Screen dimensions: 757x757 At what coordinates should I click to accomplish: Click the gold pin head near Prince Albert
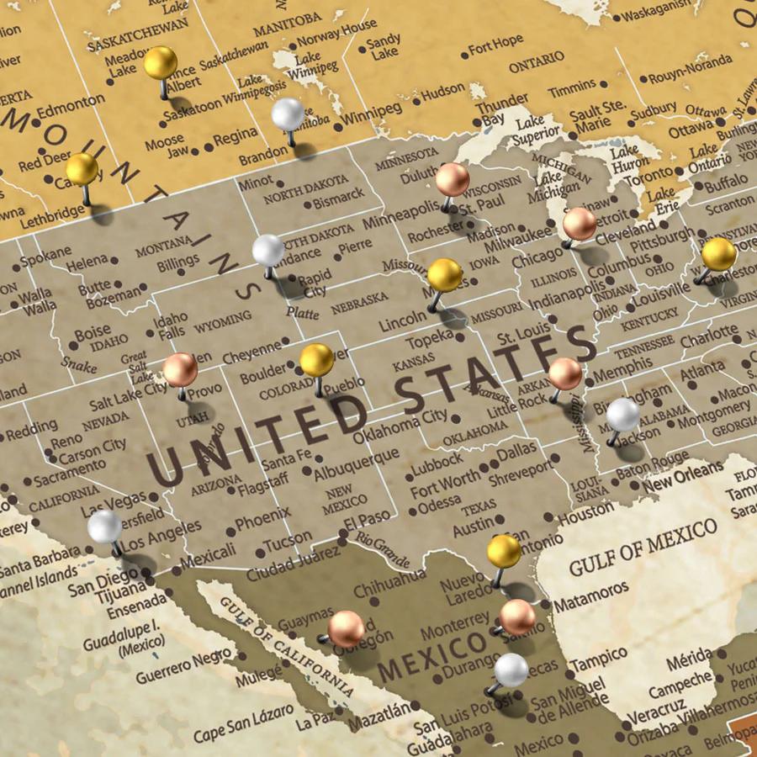161,62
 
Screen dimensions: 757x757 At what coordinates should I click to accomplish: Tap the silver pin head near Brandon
289,114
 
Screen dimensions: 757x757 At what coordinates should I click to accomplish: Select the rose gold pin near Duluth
453,179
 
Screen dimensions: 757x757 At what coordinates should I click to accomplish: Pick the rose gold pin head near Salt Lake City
180,369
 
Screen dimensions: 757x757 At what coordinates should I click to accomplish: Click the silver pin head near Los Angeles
105,527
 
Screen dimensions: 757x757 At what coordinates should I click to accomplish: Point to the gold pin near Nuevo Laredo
504,551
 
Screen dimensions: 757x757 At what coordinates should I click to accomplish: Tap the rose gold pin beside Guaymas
346,628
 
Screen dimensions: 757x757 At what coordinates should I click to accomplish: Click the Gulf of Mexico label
643,548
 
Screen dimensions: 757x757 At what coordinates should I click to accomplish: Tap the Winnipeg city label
373,113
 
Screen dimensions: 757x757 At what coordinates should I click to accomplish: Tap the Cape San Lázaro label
244,726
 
